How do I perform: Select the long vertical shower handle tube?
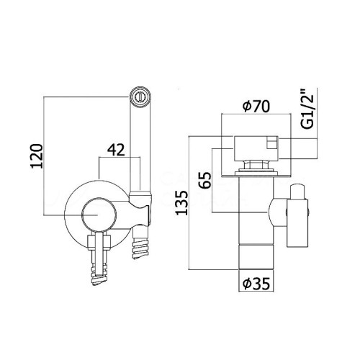click(139, 144)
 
